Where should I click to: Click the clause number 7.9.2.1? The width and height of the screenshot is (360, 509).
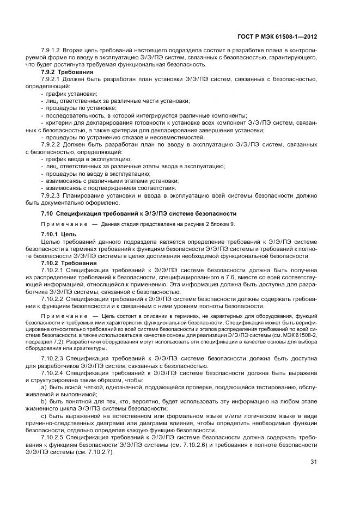pos(51,79)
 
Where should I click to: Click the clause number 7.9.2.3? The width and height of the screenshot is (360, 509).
pos(51,194)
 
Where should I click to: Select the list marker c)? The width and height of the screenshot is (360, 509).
pos(44,416)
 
